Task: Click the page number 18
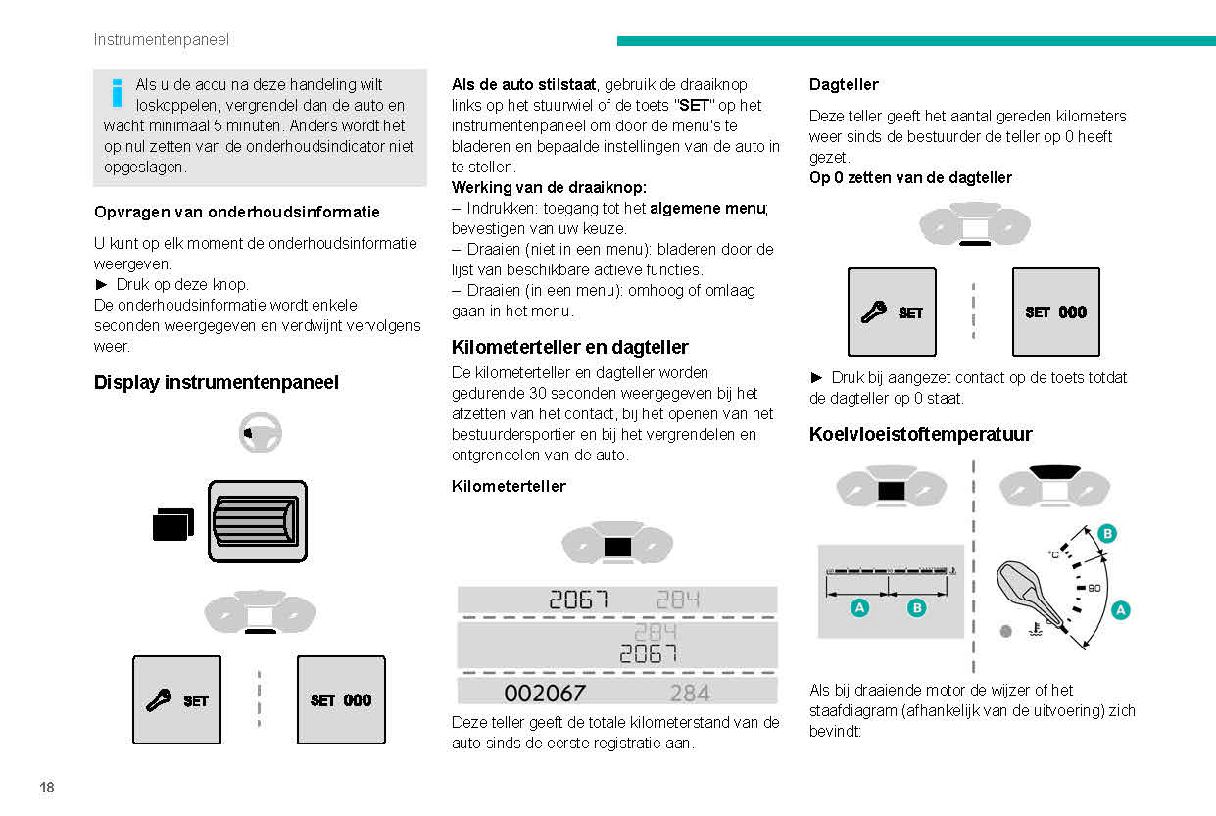pyautogui.click(x=47, y=788)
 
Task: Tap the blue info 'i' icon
pyautogui.click(x=117, y=92)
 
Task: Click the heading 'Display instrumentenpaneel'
pyautogui.click(x=216, y=383)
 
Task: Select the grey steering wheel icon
pyautogui.click(x=260, y=432)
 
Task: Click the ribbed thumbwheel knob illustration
pyautogui.click(x=258, y=521)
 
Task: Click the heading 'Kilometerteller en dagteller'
pyautogui.click(x=569, y=347)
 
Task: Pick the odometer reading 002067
pyautogui.click(x=545, y=694)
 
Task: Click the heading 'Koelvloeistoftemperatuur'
pyautogui.click(x=920, y=434)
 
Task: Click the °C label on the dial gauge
pyautogui.click(x=1053, y=554)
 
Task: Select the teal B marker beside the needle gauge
pyautogui.click(x=1106, y=533)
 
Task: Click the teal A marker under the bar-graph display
pyautogui.click(x=859, y=608)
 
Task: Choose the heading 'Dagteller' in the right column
pyautogui.click(x=843, y=85)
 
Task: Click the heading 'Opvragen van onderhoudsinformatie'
pyautogui.click(x=236, y=212)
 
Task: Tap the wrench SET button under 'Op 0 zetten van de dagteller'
pyautogui.click(x=891, y=312)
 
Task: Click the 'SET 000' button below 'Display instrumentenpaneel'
pyautogui.click(x=341, y=700)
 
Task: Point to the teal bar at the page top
pyautogui.click(x=915, y=41)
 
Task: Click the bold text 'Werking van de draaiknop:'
pyautogui.click(x=549, y=187)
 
